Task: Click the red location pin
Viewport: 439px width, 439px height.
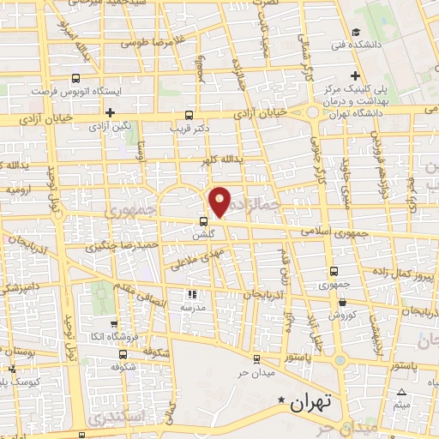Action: pos(221,201)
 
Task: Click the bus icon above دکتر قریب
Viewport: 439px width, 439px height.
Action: pos(189,114)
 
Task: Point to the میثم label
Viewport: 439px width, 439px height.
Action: pos(401,403)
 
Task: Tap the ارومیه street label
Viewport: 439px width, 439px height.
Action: pos(19,187)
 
